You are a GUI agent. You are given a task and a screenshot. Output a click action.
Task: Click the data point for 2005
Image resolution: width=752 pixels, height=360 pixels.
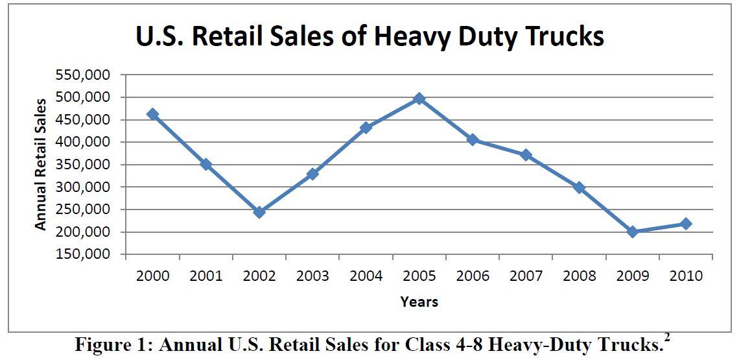point(419,99)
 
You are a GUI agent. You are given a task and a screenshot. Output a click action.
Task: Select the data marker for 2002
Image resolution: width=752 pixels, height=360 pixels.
point(259,212)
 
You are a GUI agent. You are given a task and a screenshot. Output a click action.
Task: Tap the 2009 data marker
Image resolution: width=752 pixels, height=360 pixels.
point(633,232)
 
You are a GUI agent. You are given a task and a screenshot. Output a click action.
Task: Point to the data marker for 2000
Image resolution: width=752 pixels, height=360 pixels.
point(152,114)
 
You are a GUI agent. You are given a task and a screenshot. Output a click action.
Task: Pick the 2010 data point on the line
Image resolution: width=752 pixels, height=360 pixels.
point(686,224)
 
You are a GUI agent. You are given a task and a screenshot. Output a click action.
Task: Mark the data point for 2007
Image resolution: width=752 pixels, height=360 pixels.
point(526,155)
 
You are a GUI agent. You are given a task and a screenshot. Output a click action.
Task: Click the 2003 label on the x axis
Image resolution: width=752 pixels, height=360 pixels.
point(312,276)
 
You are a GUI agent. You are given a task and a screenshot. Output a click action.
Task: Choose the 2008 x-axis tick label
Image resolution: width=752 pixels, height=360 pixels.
point(579,276)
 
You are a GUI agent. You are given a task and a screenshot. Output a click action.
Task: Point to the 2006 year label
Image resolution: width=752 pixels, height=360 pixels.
point(473,276)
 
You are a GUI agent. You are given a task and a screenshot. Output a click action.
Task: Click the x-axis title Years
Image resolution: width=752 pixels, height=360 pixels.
point(419,302)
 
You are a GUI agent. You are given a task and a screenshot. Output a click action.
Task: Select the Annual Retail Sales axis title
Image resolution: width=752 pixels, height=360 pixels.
point(41,164)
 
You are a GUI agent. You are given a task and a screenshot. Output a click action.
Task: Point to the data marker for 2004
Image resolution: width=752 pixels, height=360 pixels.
point(366,128)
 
